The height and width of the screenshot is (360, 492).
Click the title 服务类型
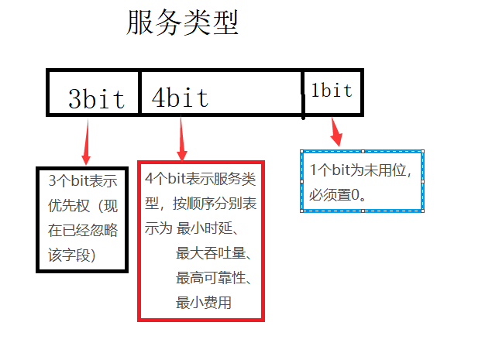[182, 23]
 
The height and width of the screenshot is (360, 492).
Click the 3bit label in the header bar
[96, 98]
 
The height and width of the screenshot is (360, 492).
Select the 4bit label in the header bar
[180, 98]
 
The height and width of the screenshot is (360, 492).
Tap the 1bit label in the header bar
[332, 91]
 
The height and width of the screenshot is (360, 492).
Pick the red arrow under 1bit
[335, 131]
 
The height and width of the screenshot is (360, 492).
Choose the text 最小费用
[204, 303]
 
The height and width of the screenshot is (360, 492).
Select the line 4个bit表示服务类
[200, 179]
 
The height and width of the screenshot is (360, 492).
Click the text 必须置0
[337, 195]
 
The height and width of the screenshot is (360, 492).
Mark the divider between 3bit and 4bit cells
[139, 94]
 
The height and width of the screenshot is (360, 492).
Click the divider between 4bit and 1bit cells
[302, 94]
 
